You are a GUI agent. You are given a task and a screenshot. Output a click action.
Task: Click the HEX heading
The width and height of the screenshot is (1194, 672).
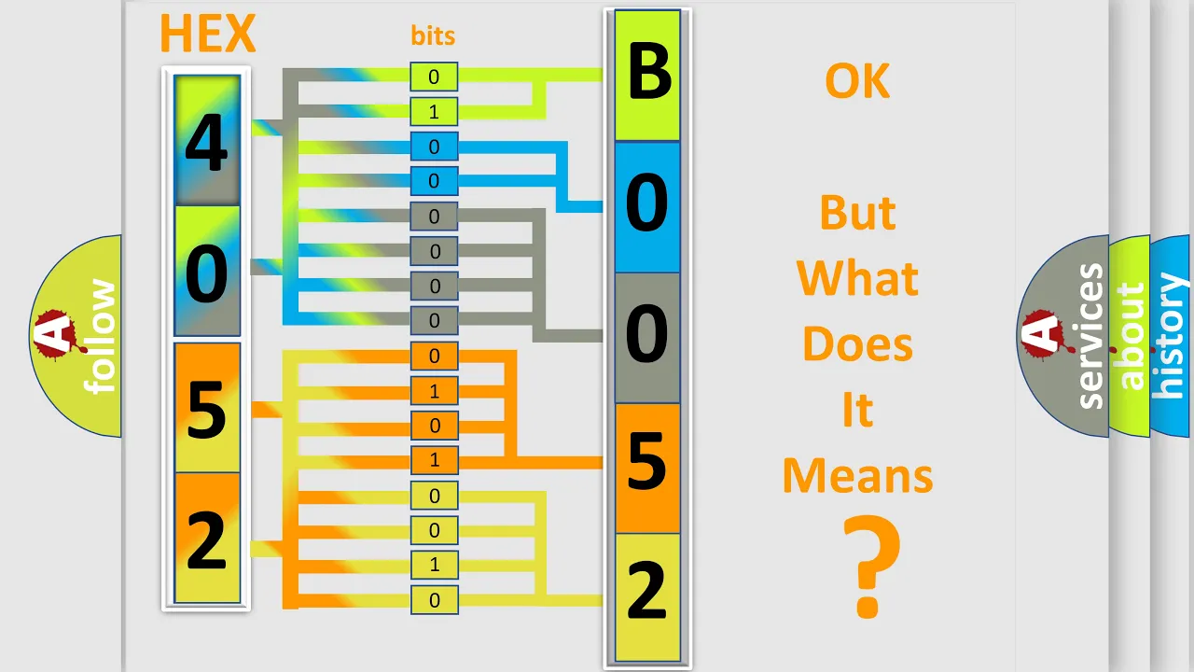[208, 33]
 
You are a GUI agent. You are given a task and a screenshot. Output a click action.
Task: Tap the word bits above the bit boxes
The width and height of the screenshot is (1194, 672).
[433, 35]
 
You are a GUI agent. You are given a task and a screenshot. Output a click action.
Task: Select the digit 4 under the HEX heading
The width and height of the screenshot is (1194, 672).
[206, 142]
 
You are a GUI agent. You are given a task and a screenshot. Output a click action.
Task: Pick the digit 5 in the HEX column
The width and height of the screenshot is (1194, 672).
[206, 409]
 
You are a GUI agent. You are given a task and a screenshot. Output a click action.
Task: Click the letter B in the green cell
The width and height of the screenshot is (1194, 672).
[648, 71]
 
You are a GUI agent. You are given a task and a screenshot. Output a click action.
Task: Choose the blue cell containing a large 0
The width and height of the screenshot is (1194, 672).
[647, 207]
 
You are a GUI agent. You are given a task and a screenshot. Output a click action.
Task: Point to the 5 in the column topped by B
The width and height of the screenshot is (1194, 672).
[647, 460]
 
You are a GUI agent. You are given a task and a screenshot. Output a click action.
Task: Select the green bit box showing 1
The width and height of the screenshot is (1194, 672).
[434, 111]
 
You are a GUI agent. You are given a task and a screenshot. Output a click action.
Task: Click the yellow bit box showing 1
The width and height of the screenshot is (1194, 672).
[434, 565]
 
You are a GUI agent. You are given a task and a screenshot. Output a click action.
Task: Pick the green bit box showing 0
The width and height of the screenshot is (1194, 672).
[434, 77]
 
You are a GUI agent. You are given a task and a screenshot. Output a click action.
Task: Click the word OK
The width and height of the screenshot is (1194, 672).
[857, 80]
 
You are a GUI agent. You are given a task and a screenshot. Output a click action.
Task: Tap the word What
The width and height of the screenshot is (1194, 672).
[857, 278]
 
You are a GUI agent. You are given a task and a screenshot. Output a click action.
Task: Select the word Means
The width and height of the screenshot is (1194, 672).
[857, 475]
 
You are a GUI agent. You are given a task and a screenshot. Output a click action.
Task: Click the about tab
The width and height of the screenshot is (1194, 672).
[1130, 336]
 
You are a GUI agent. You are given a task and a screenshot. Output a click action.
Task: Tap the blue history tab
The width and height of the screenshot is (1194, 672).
[1171, 336]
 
